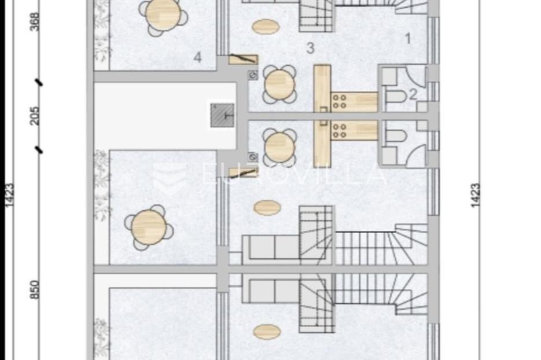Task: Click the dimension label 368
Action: tap(35, 22)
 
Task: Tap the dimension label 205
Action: tap(35, 116)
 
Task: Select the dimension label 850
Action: tap(35, 289)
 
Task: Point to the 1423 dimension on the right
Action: tap(476, 196)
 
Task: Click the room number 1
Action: tap(407, 39)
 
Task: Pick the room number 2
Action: tap(413, 94)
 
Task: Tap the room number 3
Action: tap(311, 48)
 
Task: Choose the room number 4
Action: tap(197, 57)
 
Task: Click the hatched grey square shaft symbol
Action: tap(223, 115)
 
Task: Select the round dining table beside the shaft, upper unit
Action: tap(279, 85)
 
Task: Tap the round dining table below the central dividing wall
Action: tap(279, 148)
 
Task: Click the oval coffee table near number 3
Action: tap(266, 26)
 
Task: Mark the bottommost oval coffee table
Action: tap(267, 332)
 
